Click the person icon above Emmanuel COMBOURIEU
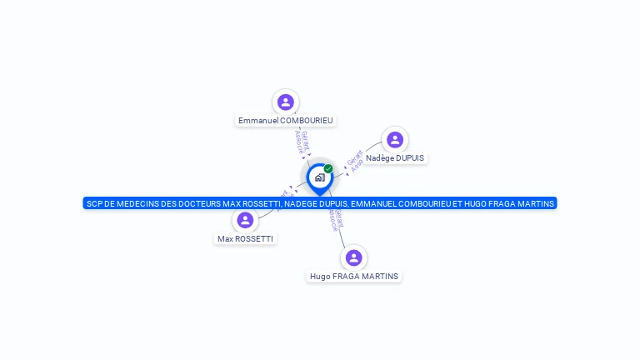pyautogui.click(x=286, y=102)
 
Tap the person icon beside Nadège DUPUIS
pyautogui.click(x=395, y=139)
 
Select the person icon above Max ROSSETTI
pyautogui.click(x=245, y=220)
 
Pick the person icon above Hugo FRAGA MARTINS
pyautogui.click(x=354, y=257)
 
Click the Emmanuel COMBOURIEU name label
pyautogui.click(x=286, y=121)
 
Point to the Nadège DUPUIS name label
pyautogui.click(x=396, y=158)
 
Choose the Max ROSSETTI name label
pyautogui.click(x=245, y=239)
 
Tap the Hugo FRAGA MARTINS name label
pyautogui.click(x=354, y=277)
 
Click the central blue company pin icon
pyautogui.click(x=319, y=177)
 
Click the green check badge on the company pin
pyautogui.click(x=328, y=168)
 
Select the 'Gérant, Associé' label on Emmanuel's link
pyautogui.click(x=302, y=143)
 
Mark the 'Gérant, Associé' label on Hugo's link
pyautogui.click(x=335, y=218)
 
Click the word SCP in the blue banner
pyautogui.click(x=94, y=203)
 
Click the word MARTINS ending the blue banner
pyautogui.click(x=532, y=203)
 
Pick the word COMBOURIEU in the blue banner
pyautogui.click(x=383, y=203)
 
